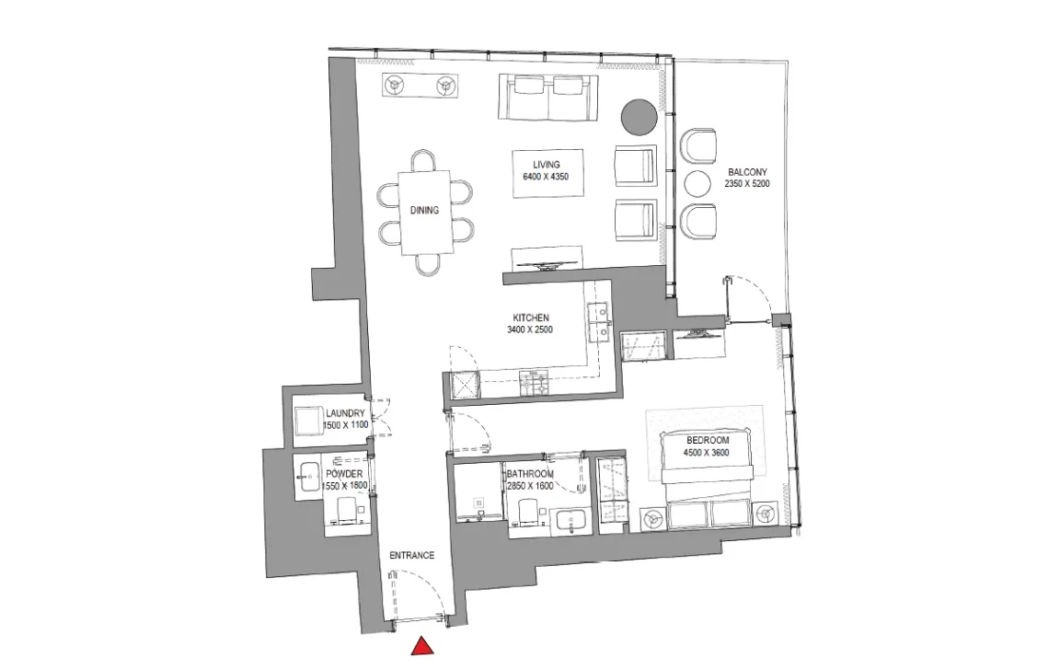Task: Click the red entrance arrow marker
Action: coord(421,646)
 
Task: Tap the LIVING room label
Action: coord(547,166)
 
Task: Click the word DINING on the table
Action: coord(424,210)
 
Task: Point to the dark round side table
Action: coord(639,117)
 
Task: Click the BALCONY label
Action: coord(747,172)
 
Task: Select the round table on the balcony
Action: coord(699,184)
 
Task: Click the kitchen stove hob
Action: coord(535,383)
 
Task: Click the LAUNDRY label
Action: coord(345,413)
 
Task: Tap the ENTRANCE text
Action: coord(411,556)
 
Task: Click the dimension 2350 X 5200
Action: coord(747,184)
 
